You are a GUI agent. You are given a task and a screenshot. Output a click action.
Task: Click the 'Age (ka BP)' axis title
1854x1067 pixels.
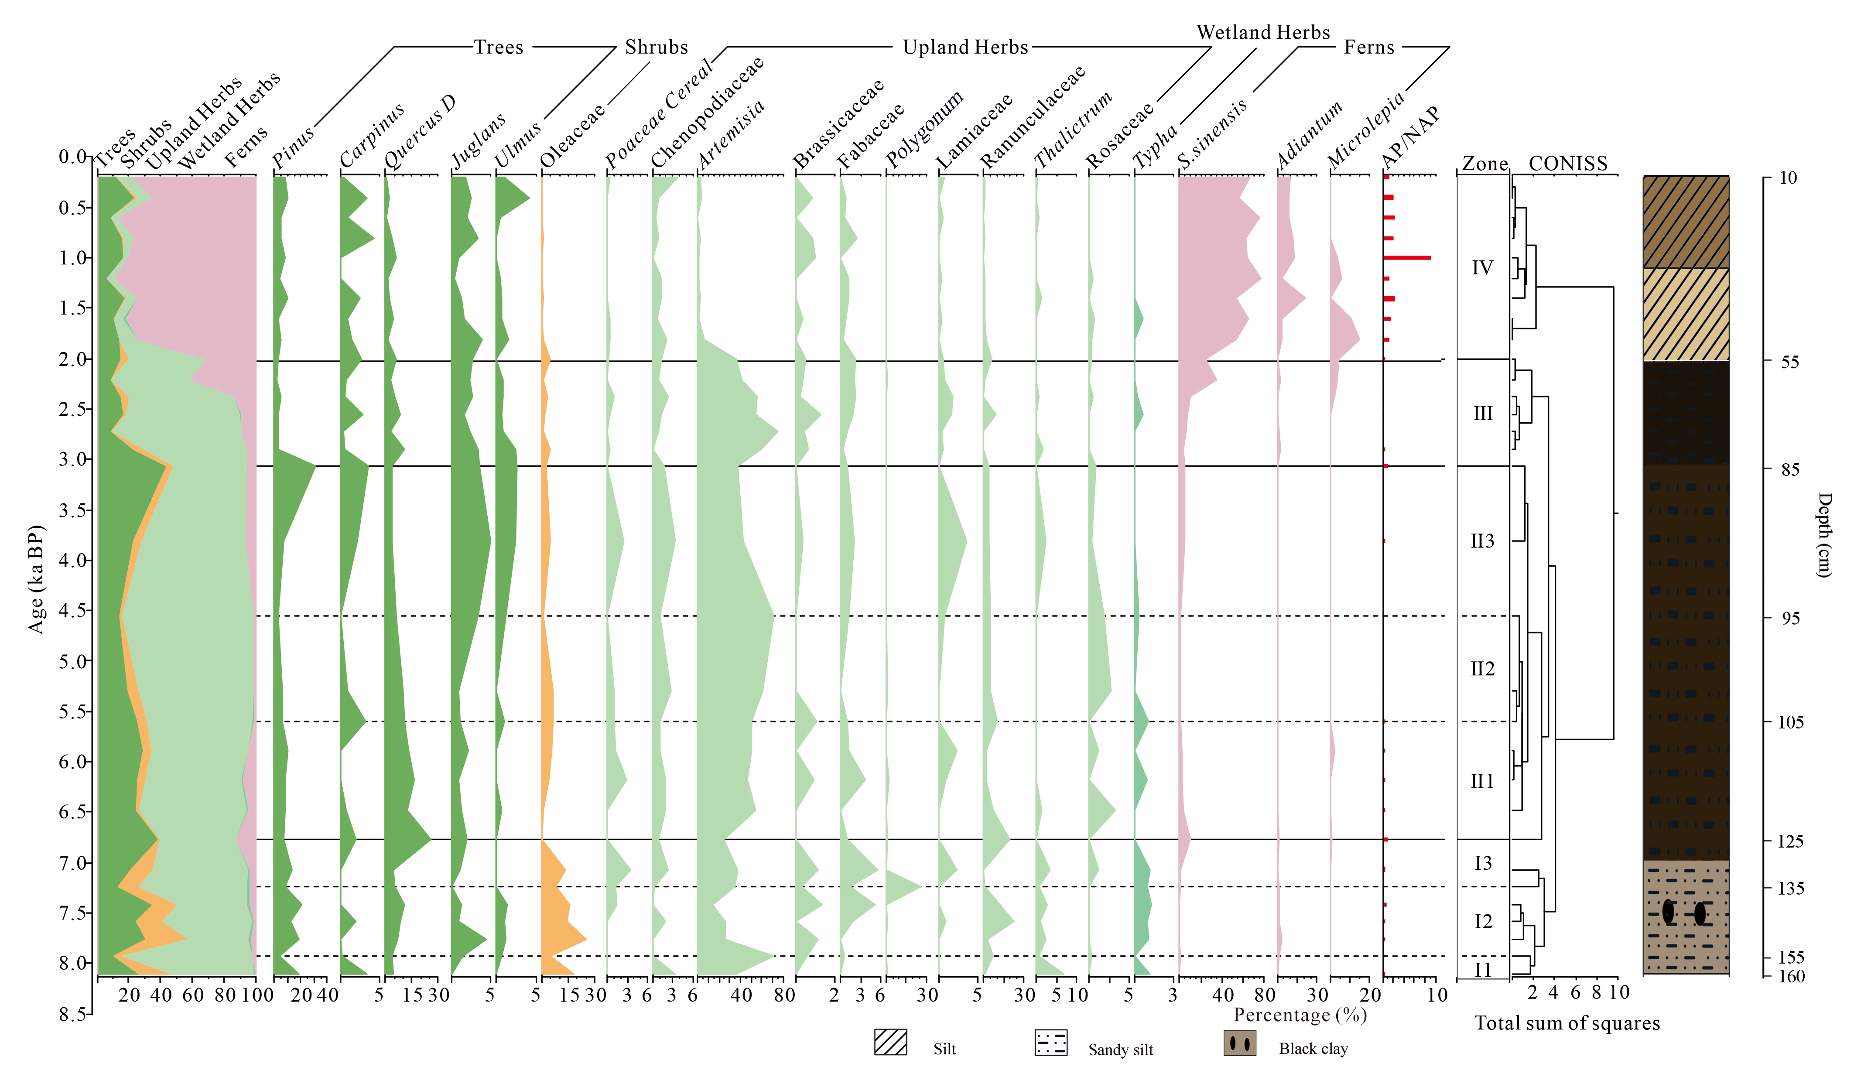36,579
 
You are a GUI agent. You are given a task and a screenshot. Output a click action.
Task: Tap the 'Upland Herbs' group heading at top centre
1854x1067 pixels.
965,48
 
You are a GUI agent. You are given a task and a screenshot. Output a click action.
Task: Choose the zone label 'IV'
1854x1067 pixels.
1482,267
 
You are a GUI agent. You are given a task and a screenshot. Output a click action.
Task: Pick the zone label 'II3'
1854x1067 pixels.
1482,541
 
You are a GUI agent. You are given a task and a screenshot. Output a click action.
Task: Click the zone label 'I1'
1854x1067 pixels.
1482,970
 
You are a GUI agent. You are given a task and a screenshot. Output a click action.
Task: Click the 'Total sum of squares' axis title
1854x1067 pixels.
1567,1023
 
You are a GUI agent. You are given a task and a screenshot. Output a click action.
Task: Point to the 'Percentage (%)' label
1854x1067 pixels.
1300,1015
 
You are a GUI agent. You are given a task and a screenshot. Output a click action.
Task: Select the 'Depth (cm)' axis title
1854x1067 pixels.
1825,535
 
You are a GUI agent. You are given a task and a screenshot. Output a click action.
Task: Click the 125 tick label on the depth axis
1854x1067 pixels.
1790,841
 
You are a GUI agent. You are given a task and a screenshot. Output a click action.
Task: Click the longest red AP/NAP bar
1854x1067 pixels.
1407,258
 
